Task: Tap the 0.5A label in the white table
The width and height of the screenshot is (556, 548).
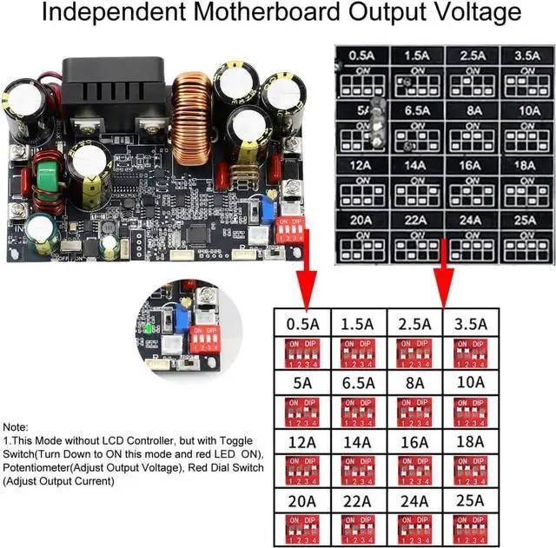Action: pyautogui.click(x=302, y=324)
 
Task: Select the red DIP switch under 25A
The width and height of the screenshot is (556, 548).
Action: pyautogui.click(x=470, y=528)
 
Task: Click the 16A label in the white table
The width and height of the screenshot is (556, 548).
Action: pyautogui.click(x=414, y=441)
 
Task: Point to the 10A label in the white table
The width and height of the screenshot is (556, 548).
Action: pyautogui.click(x=470, y=382)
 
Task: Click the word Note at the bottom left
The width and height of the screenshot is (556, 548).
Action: pyautogui.click(x=15, y=427)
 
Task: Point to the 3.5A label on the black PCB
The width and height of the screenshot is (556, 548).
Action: pyautogui.click(x=502, y=56)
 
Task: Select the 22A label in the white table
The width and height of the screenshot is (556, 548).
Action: pyautogui.click(x=358, y=500)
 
